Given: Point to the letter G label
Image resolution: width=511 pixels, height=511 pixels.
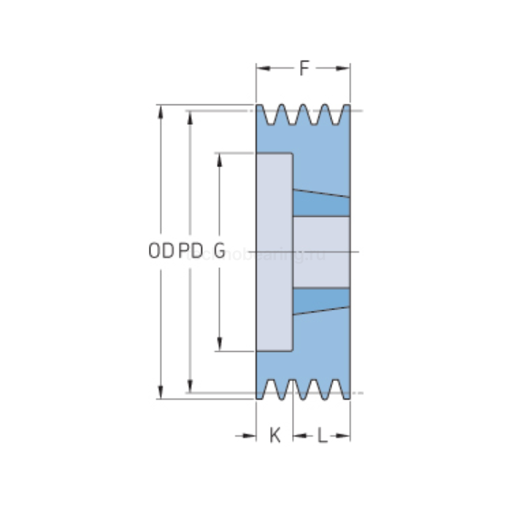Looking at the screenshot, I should point(220,252).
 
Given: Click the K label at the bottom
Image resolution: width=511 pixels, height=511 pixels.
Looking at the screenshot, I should point(274,437).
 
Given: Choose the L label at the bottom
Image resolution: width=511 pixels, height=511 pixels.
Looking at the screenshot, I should point(321,437).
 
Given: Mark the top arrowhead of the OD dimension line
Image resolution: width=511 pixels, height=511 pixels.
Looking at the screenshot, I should point(161,110).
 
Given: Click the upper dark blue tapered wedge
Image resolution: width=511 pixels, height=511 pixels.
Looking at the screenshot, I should point(321,203).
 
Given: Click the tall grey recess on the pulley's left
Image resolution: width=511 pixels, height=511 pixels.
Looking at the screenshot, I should point(274,252).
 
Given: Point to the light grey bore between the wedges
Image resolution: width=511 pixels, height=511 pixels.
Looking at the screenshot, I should point(321,252).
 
